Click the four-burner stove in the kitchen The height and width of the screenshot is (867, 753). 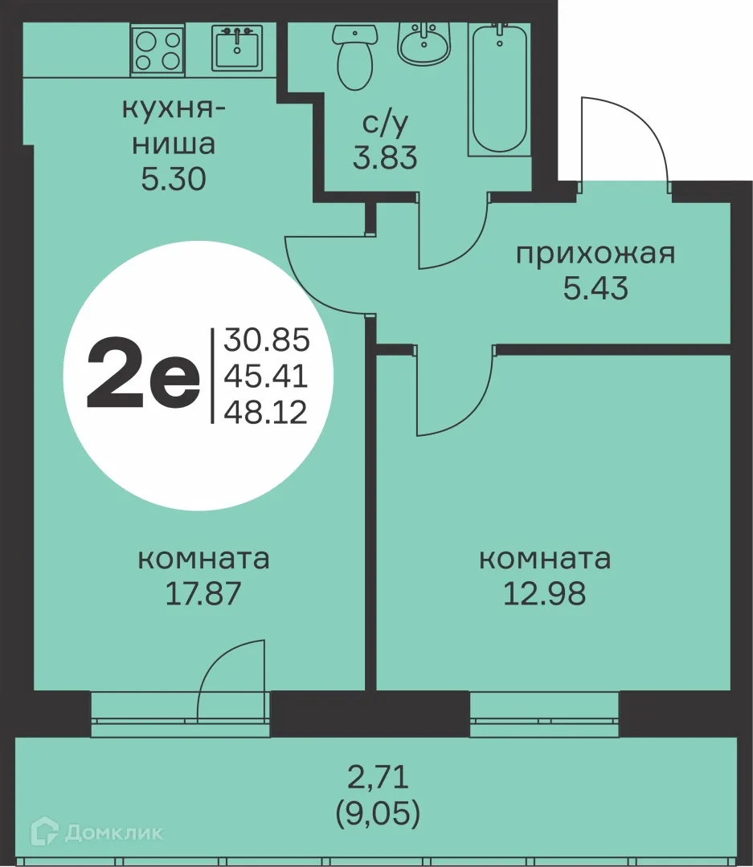coord(158,48)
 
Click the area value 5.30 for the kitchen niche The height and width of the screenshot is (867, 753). coord(174,179)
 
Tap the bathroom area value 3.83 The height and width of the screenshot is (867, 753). coord(385,157)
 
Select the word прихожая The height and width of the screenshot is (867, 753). coord(595,254)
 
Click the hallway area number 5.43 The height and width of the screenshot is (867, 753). coord(595,288)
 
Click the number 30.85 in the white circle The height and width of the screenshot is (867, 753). coord(266,340)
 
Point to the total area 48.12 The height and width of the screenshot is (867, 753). coord(266,413)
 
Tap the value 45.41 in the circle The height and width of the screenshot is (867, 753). coord(266,377)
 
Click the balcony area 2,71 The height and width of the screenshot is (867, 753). coord(378,777)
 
